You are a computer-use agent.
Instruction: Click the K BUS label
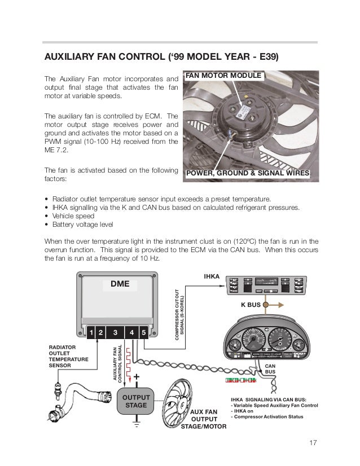251,305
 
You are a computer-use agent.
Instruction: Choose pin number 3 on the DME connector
115,333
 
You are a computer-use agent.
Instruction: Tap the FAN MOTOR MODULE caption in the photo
224,76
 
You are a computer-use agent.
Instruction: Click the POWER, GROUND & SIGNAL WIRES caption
248,174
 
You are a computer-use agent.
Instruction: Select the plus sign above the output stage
137,377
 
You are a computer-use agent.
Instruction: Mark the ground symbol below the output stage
135,423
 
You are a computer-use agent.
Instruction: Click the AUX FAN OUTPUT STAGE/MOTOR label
203,419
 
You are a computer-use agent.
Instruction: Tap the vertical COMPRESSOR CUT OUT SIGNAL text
179,313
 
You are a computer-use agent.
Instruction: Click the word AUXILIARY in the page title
71,58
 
